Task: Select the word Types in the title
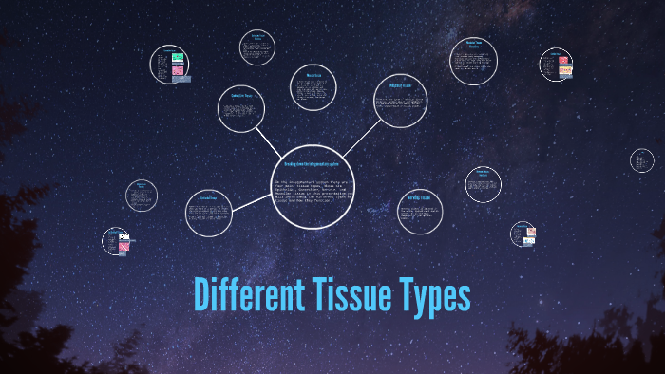(432, 296)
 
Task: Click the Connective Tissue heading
(241, 96)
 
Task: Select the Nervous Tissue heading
(419, 197)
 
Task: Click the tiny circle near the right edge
(642, 160)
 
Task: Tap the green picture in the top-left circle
(177, 59)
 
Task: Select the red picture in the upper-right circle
(562, 62)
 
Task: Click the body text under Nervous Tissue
(419, 215)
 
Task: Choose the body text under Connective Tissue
(241, 116)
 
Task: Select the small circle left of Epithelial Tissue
(142, 196)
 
